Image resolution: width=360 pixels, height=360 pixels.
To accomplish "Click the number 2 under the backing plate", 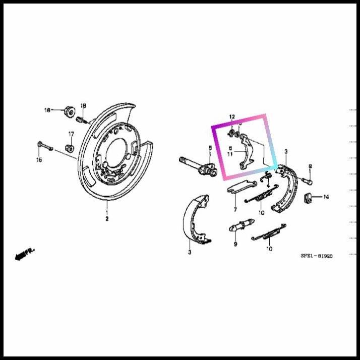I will [x=107, y=219].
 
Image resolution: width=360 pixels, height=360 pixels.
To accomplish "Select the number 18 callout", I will [x=83, y=105].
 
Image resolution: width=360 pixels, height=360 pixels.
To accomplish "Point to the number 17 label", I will [x=71, y=134].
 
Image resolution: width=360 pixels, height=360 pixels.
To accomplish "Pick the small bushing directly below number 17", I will [x=71, y=148].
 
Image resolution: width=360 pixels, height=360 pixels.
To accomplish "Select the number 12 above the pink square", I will [x=232, y=117].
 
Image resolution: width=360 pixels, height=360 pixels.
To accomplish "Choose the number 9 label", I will [x=235, y=244].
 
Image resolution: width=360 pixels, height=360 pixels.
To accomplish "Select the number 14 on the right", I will [x=326, y=197].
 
